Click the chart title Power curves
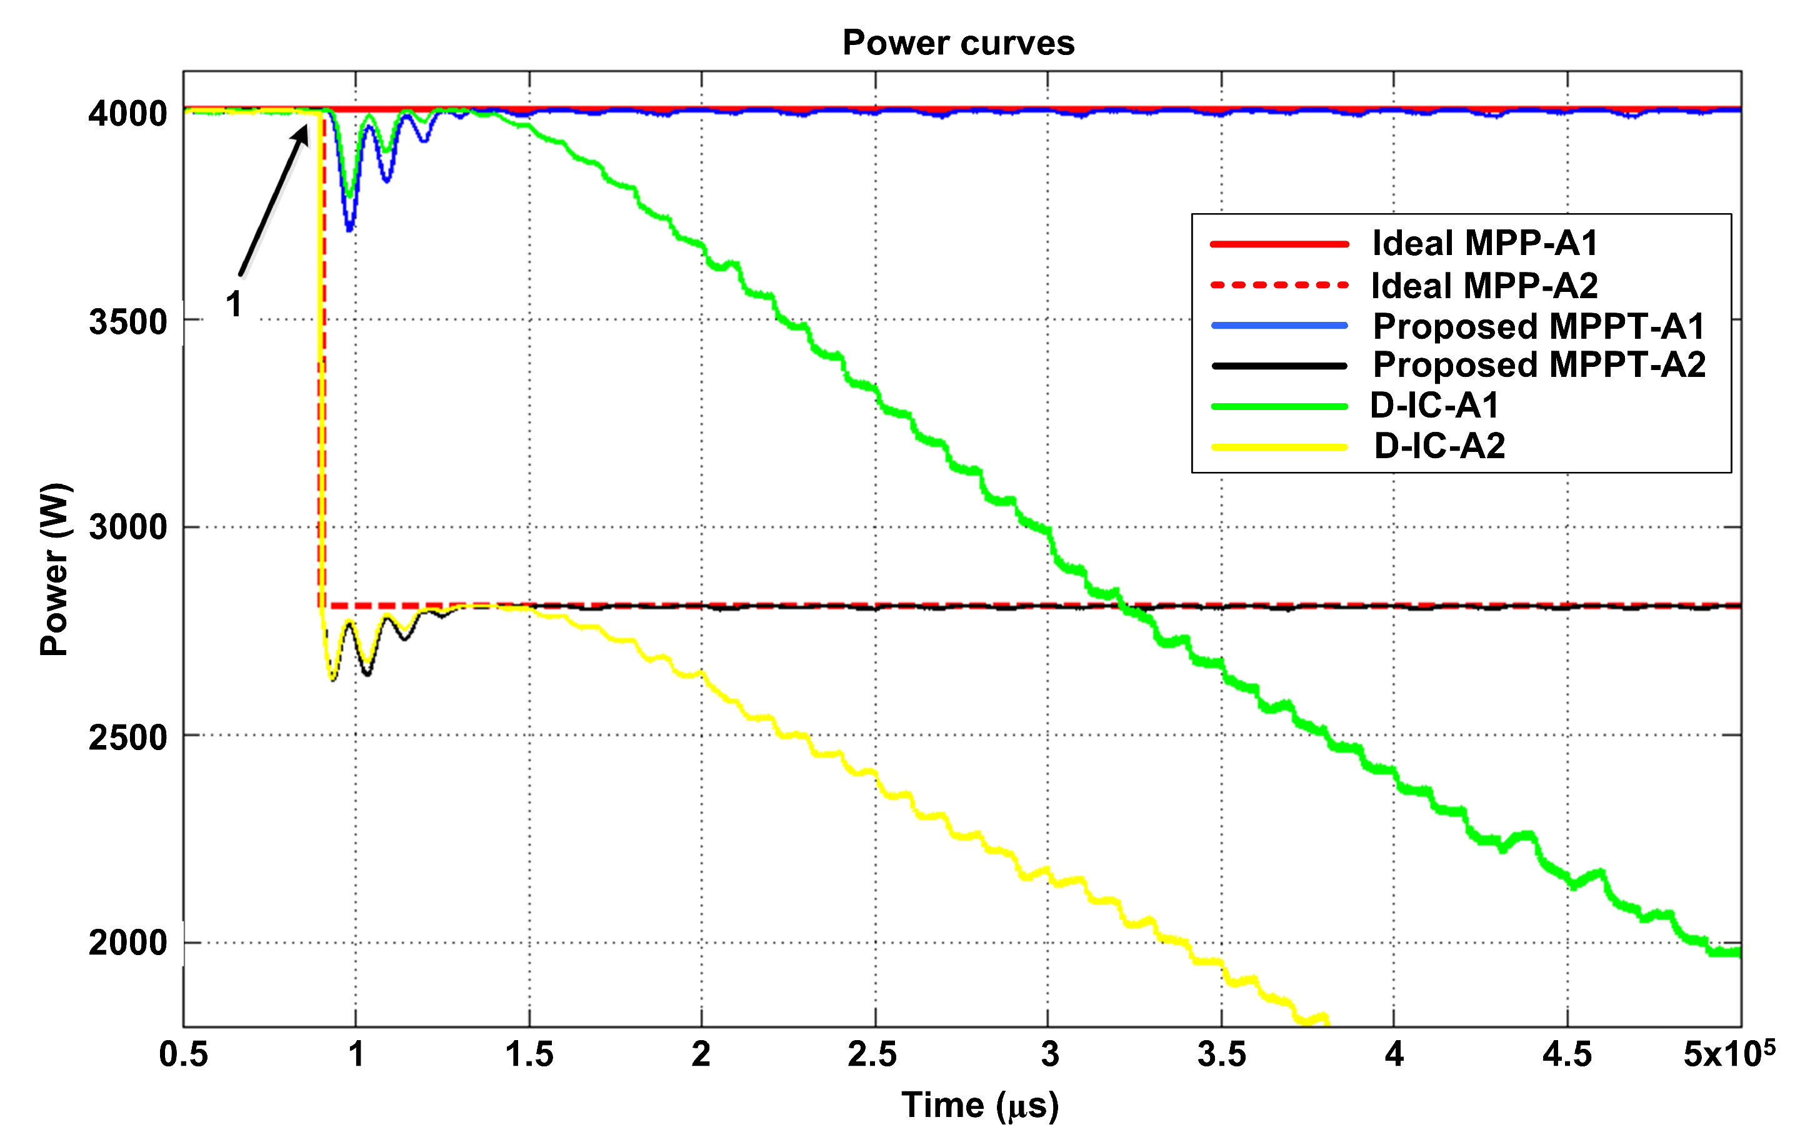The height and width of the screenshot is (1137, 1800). pos(957,43)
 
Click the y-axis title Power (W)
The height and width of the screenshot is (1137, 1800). pos(54,569)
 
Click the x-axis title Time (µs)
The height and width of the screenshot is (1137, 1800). pos(979,1105)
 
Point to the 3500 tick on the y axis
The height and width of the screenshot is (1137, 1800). pos(127,322)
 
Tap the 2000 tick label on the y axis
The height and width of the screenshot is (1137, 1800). pos(127,942)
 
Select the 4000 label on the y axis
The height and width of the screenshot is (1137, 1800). pos(127,114)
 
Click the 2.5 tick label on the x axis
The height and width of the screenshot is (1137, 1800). pos(872,1054)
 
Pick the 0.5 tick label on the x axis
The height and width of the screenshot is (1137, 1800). pos(183,1054)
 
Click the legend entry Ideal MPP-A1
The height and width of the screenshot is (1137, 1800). pos(1484,243)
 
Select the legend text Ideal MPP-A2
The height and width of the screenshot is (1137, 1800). pos(1484,285)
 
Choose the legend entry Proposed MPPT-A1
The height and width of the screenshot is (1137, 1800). pos(1538,326)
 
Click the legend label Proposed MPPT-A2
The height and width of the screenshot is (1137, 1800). pos(1538,365)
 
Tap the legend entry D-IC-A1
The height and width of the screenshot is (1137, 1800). pos(1434,405)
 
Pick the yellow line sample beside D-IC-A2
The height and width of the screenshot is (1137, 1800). pos(1278,447)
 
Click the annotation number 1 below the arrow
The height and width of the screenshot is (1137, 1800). pos(234,304)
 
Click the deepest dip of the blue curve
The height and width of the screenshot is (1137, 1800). pos(349,228)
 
